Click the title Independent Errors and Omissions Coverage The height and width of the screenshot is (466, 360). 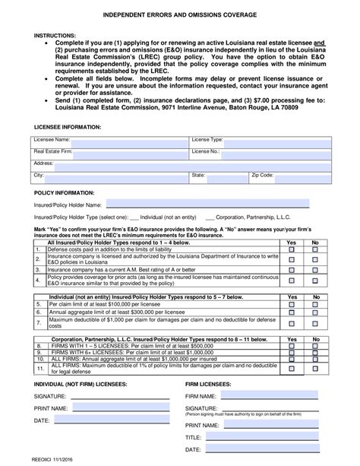pyautogui.click(x=180, y=15)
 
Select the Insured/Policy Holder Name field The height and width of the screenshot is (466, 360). pyautogui.click(x=206, y=204)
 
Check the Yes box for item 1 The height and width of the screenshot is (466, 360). pyautogui.click(x=291, y=249)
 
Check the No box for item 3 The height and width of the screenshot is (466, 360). pyautogui.click(x=315, y=269)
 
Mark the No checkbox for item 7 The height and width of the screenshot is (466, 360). pyautogui.click(x=315, y=321)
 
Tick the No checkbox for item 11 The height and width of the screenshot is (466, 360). pyautogui.click(x=315, y=369)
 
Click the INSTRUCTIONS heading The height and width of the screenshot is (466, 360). pyautogui.click(x=55, y=35)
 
